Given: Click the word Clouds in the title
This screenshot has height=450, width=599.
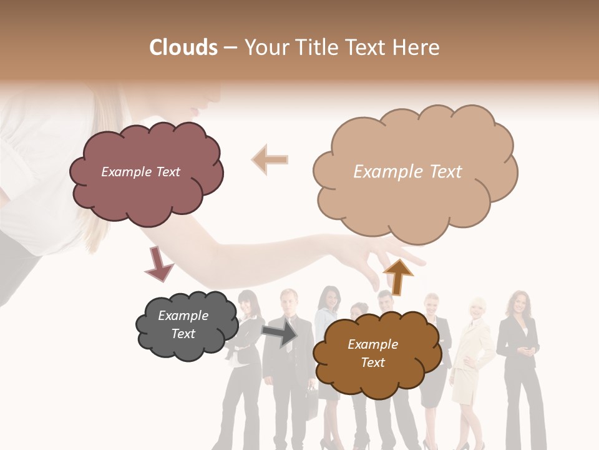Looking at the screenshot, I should [183, 47].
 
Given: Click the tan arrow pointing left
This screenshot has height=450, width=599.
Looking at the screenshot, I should [270, 159].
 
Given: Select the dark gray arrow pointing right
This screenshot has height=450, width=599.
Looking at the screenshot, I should [280, 332].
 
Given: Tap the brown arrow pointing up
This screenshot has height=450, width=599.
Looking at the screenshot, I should [397, 276].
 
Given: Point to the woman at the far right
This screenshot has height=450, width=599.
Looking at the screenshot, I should [519, 362].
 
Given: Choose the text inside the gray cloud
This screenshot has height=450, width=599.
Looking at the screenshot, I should [183, 324].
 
